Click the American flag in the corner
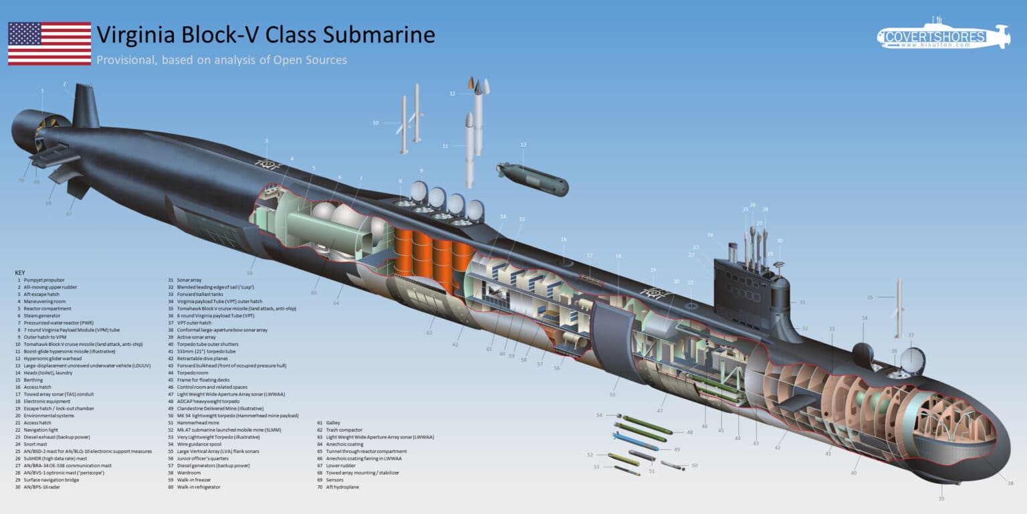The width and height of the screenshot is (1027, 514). pos(49,44)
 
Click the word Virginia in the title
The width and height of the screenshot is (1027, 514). pos(137,34)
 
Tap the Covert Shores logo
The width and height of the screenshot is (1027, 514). pos(943,36)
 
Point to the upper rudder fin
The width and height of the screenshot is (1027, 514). pos(86,106)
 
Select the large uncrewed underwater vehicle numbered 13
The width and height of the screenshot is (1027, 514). pos(533,179)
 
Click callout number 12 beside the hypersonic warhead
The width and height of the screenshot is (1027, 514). pos(453,94)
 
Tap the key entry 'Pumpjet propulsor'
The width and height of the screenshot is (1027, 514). pos(47,280)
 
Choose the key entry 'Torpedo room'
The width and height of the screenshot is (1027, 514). pos(194,372)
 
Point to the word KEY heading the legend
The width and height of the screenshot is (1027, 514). pos(21,272)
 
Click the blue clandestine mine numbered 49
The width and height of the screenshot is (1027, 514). pos(635,442)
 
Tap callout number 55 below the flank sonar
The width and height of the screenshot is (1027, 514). pos(612,396)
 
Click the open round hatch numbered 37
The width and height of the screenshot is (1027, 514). pos(911,359)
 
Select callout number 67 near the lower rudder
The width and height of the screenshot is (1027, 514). pos(69,213)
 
